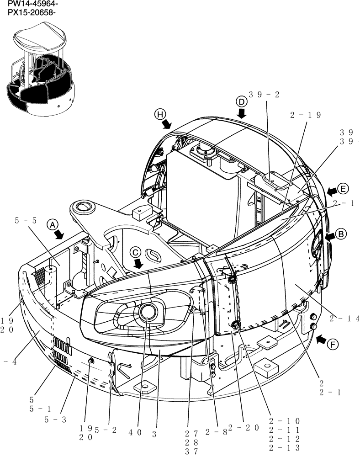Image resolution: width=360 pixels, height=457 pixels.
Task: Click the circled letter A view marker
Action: pos(53,224)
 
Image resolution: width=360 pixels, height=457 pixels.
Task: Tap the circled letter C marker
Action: pos(135,252)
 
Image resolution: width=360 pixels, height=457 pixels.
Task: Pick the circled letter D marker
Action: pos(241,101)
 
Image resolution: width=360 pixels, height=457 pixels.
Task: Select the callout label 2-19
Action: pos(305,115)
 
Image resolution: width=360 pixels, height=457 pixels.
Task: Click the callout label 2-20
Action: pos(244,428)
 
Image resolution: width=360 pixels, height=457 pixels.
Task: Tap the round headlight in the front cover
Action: pos(148,312)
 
